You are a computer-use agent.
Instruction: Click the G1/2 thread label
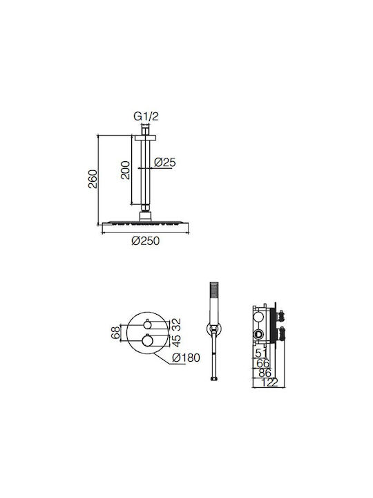coord(146,117)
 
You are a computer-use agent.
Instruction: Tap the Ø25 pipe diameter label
coord(165,163)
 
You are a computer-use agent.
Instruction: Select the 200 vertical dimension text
coord(126,170)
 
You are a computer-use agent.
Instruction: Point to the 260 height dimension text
coord(93,179)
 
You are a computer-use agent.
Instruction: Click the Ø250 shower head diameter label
coord(146,241)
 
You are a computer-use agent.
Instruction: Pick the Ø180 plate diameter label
coord(186,358)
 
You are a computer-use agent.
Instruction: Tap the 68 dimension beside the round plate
coord(116,333)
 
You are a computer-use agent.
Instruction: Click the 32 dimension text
coord(176,324)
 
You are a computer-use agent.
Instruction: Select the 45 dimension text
coord(176,340)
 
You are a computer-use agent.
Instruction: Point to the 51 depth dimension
coord(261,353)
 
